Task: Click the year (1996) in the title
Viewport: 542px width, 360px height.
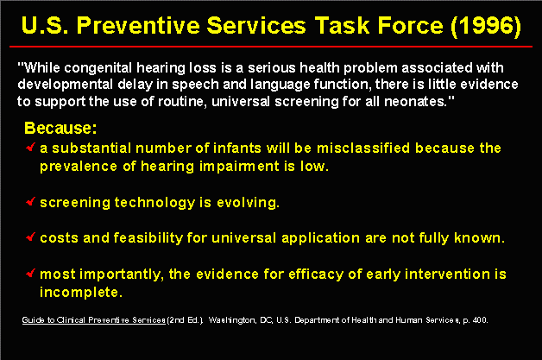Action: click(x=486, y=26)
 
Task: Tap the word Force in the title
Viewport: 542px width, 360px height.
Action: click(x=410, y=26)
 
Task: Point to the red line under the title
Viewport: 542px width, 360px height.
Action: click(x=271, y=46)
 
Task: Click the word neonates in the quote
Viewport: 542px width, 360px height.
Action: click(x=415, y=102)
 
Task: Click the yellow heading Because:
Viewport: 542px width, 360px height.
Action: click(x=60, y=128)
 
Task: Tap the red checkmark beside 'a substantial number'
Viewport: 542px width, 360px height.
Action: click(x=31, y=147)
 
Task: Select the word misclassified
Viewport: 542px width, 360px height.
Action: click(x=363, y=148)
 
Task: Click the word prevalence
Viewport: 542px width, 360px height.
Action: click(x=79, y=167)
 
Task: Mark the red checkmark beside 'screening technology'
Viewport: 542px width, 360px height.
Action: click(x=31, y=201)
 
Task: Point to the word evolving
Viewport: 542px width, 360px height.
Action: click(x=248, y=203)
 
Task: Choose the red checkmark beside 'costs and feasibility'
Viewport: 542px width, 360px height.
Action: click(x=31, y=237)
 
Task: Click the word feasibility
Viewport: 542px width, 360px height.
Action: click(x=148, y=238)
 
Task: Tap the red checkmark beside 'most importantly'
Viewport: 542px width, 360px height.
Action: click(x=31, y=273)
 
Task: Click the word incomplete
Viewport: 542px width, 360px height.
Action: click(x=81, y=293)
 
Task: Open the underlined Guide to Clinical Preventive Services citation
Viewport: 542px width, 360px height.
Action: click(x=94, y=320)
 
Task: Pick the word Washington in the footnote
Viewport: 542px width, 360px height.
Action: click(x=232, y=320)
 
